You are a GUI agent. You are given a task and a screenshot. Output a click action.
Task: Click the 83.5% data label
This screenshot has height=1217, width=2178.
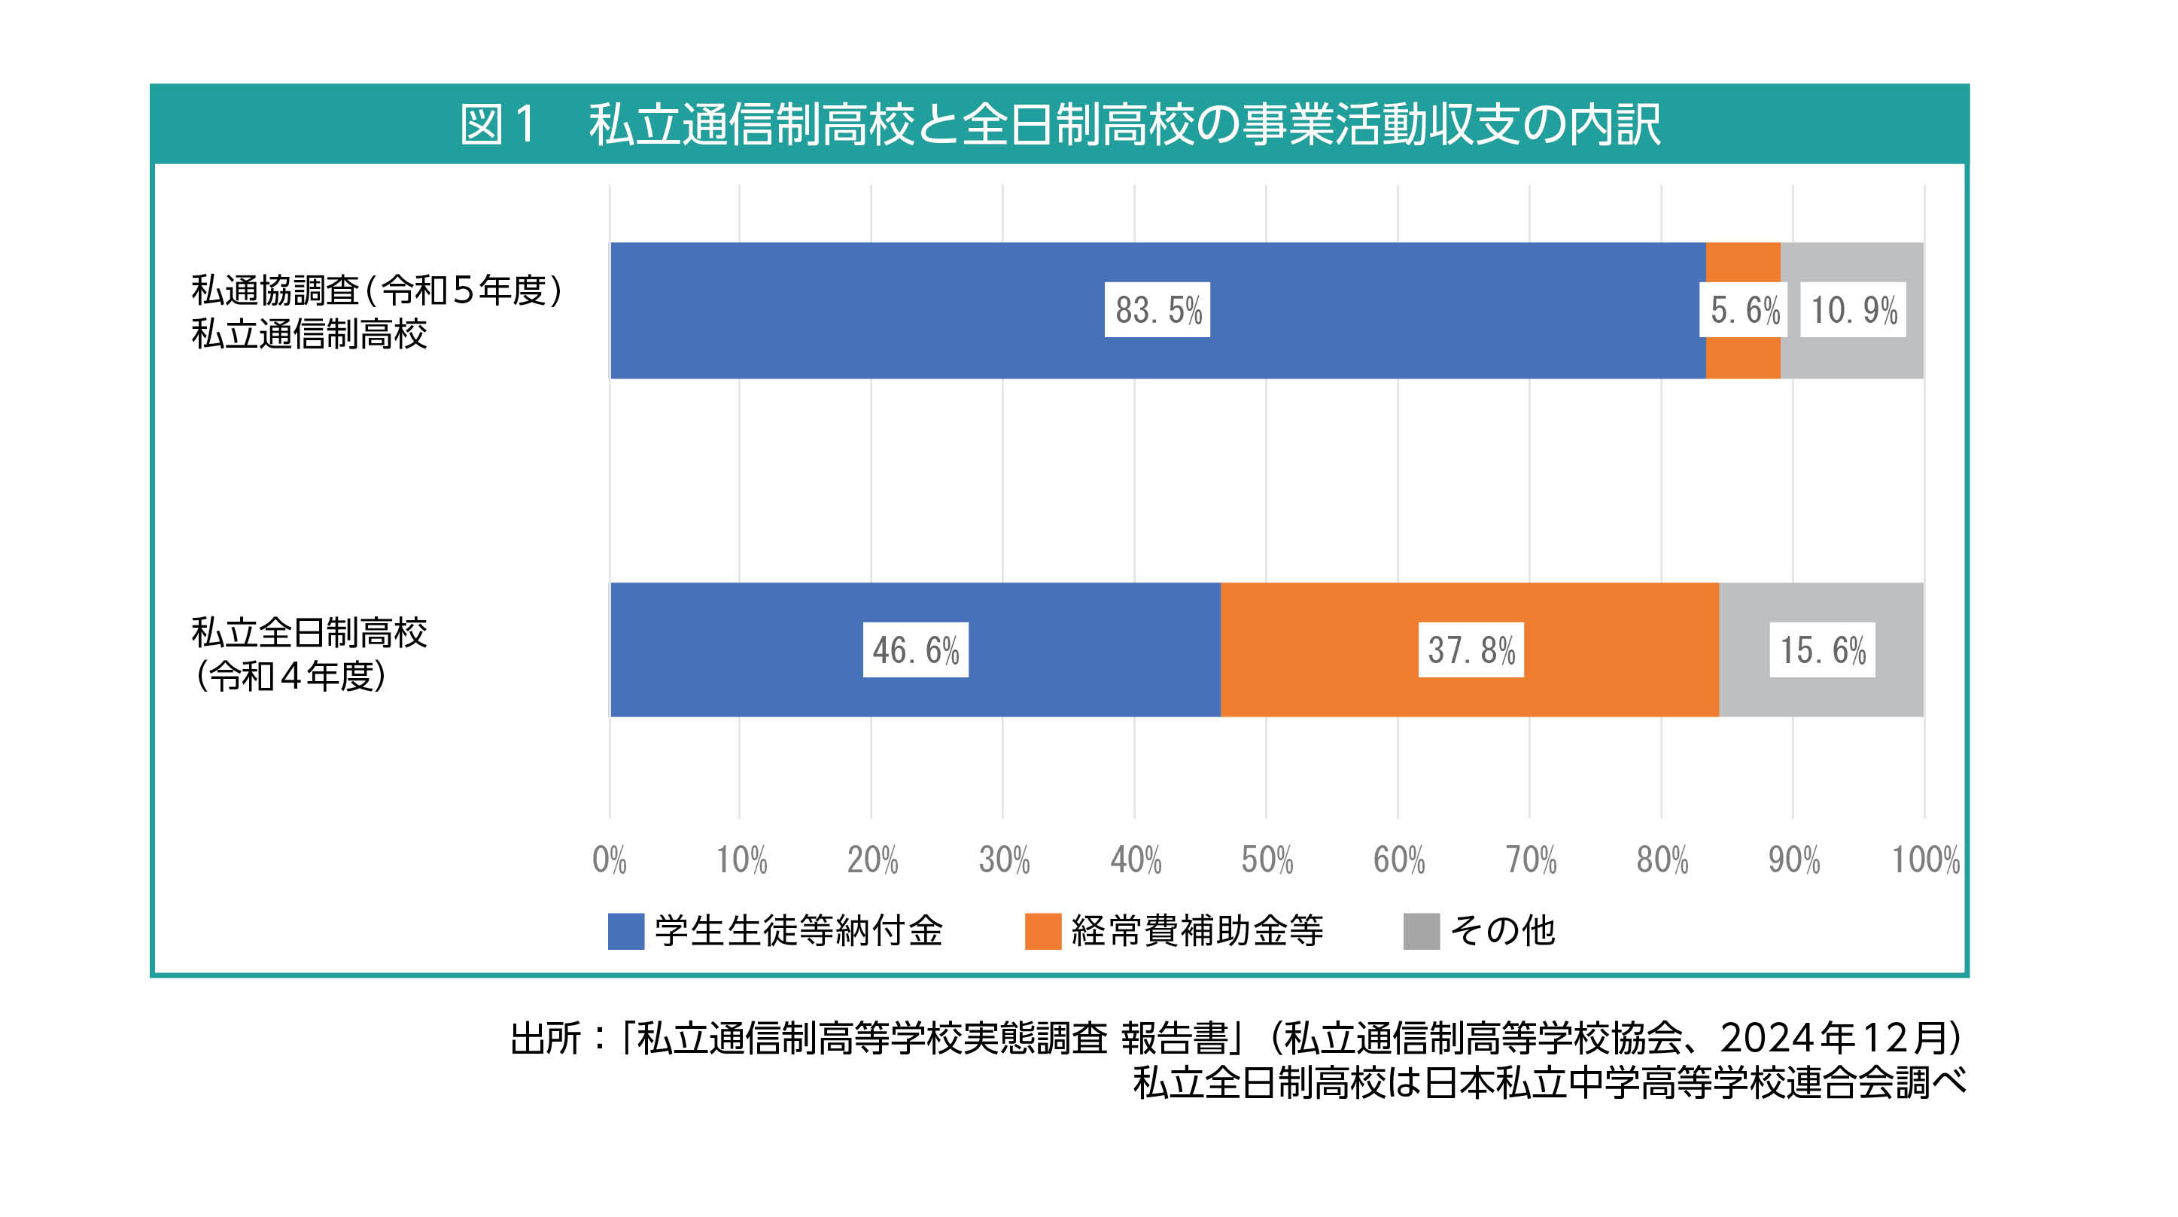1157,309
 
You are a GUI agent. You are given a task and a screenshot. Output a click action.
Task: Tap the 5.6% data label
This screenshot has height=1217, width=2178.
1745,309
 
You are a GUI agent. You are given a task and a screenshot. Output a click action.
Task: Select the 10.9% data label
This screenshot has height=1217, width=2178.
1852,309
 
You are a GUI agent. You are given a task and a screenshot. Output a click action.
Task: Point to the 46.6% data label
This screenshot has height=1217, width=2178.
916,650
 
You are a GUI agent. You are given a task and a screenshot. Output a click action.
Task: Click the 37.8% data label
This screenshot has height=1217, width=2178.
1471,650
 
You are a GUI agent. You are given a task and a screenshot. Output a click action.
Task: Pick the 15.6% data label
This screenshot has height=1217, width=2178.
1822,650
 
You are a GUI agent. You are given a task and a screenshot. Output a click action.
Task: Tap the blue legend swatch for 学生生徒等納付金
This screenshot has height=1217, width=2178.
625,931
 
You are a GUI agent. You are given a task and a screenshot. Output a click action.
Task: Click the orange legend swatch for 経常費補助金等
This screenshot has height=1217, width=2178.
1042,931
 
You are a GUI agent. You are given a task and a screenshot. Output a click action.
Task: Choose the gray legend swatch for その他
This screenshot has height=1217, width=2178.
1422,931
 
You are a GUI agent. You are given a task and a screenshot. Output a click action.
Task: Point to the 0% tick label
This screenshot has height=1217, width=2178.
609,860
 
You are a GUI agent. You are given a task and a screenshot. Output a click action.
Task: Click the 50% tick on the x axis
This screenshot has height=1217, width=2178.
1267,860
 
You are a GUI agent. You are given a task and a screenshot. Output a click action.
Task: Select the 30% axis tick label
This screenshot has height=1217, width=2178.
1004,860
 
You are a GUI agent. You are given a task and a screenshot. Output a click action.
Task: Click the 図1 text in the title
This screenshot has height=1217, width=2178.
498,124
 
